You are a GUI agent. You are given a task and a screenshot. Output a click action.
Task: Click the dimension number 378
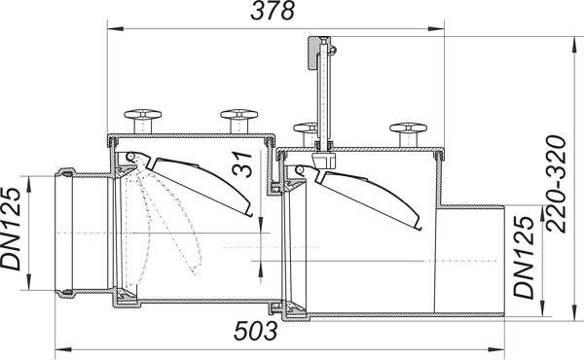coord(273,11)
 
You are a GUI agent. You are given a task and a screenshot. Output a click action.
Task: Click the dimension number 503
coord(256,331)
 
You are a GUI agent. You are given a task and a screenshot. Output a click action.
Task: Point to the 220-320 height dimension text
coord(556,184)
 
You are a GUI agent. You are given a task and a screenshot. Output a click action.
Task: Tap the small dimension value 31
coord(242,163)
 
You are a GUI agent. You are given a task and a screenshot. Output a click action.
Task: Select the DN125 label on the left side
coord(10,229)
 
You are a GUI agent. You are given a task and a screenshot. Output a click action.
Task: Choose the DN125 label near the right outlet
coord(524,257)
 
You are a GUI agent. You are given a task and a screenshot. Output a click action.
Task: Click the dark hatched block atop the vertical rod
coord(313,53)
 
